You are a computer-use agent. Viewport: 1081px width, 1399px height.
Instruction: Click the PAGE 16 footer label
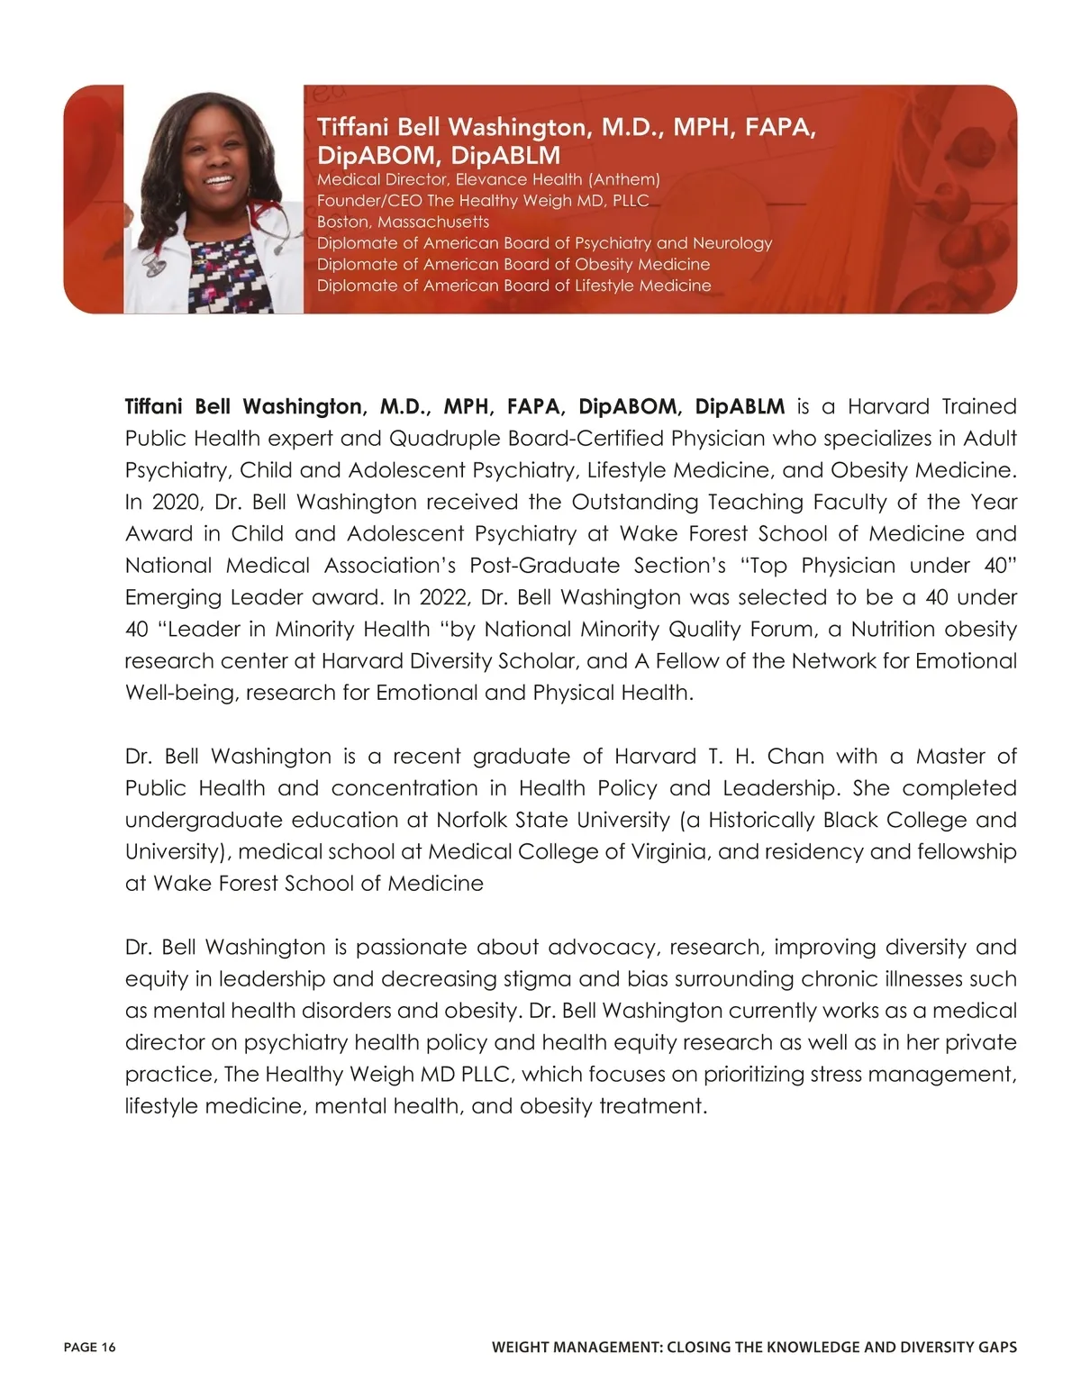click(x=90, y=1348)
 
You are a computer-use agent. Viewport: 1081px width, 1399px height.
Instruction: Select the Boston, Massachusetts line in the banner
click(x=403, y=222)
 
